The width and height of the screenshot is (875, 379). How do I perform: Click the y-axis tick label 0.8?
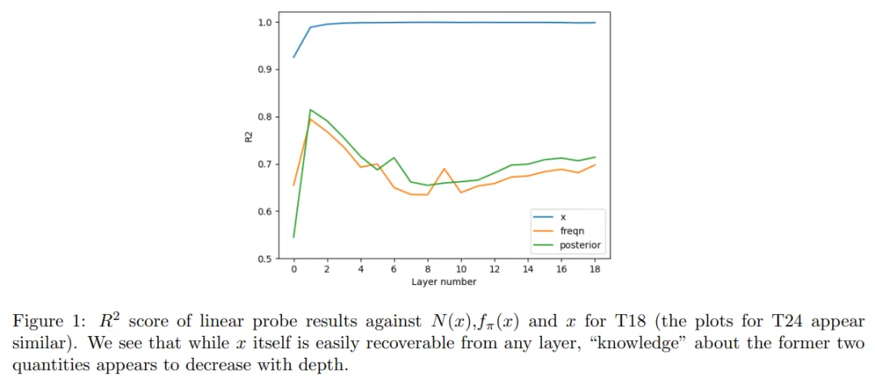point(263,117)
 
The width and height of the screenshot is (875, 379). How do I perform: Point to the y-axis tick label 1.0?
point(263,22)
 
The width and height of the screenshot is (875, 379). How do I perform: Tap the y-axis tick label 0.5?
point(263,259)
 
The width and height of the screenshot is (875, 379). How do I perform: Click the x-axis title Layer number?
point(444,282)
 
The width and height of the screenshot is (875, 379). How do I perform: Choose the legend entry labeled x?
point(561,217)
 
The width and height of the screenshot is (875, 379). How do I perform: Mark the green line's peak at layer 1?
point(310,109)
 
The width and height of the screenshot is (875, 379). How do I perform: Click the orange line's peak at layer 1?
point(310,119)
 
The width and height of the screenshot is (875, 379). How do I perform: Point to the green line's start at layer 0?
point(293,237)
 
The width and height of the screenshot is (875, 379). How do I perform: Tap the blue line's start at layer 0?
point(293,57)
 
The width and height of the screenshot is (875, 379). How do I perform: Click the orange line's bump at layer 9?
point(444,168)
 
